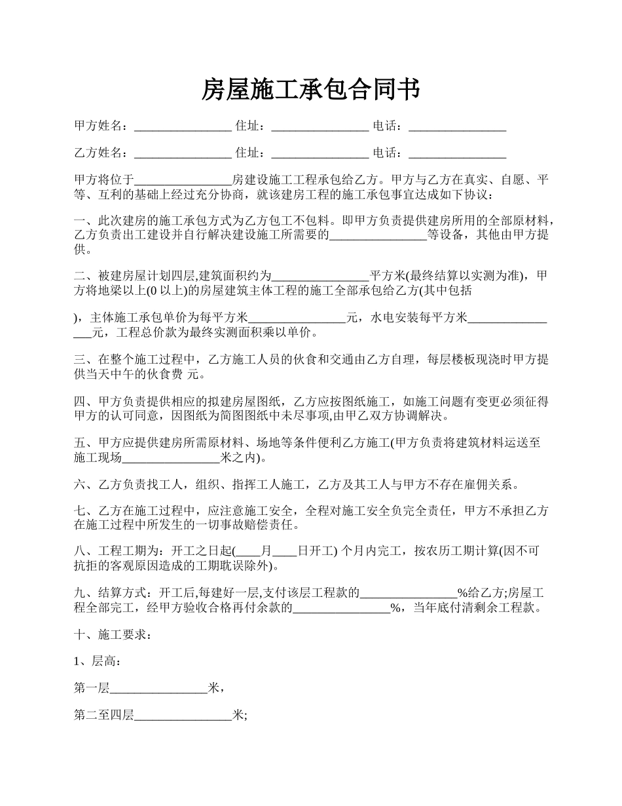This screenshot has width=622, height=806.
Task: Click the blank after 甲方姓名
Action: pyautogui.click(x=183, y=127)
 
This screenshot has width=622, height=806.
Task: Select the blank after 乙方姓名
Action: pyautogui.click(x=183, y=154)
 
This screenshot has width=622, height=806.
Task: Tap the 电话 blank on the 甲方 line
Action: pyautogui.click(x=457, y=127)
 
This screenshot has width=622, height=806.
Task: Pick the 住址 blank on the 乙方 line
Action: pyautogui.click(x=320, y=154)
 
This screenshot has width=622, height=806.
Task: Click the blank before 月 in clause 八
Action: pyautogui.click(x=251, y=552)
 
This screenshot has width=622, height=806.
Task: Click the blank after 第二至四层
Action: pyautogui.click(x=183, y=716)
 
